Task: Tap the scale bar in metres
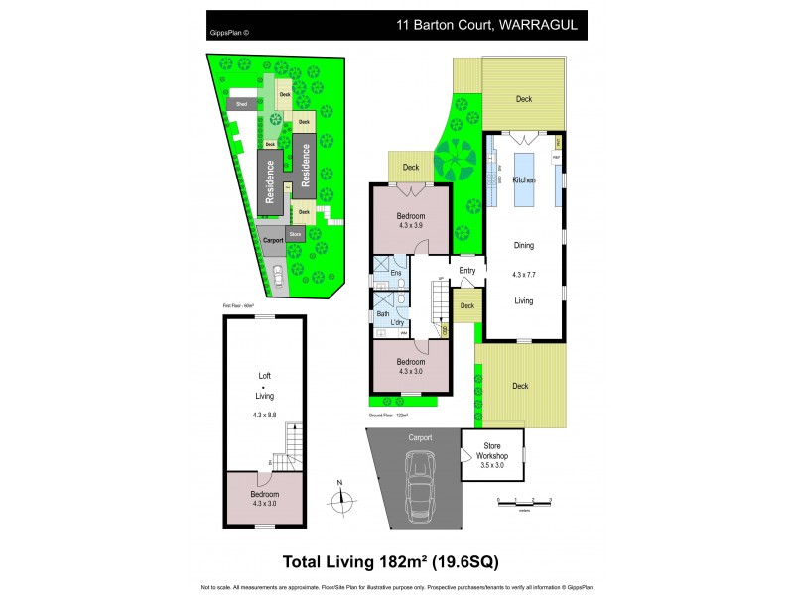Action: click(x=524, y=504)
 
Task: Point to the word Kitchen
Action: click(x=524, y=180)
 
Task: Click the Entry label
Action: click(x=467, y=270)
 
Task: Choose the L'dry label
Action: click(x=397, y=322)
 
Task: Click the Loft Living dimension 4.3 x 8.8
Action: click(x=264, y=414)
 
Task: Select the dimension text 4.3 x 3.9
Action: click(x=411, y=225)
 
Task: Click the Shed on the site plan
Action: click(x=241, y=103)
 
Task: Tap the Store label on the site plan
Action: click(x=295, y=234)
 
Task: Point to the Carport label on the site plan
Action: click(x=273, y=240)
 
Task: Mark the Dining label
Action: click(x=524, y=245)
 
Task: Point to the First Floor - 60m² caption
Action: click(x=238, y=305)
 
